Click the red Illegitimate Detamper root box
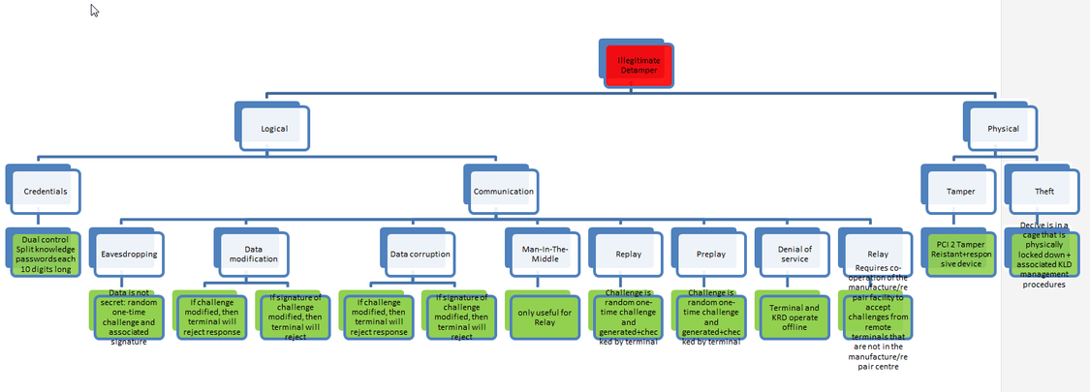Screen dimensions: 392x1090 636,67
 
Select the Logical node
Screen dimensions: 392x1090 274,128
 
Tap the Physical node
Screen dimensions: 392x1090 1003,128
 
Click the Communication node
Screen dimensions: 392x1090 503,191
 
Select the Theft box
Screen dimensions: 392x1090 1043,191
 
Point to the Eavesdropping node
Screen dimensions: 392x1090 130,254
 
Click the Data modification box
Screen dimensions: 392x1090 255,254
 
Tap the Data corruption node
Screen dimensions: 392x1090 420,254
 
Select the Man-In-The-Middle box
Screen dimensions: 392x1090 545,254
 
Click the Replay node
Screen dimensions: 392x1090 627,254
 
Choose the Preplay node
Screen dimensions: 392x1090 710,254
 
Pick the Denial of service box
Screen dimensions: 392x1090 793,254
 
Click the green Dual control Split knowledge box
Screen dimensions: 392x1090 46,254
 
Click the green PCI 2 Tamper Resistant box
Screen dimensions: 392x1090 959,254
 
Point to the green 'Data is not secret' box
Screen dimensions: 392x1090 128,316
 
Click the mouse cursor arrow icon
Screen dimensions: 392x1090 95,11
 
